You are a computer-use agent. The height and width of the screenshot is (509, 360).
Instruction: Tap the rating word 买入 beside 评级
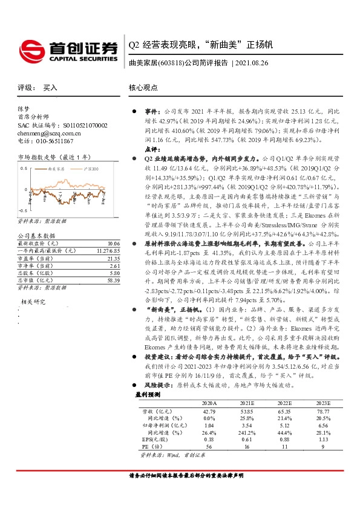50,88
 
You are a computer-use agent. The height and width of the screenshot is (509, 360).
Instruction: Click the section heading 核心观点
144,88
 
